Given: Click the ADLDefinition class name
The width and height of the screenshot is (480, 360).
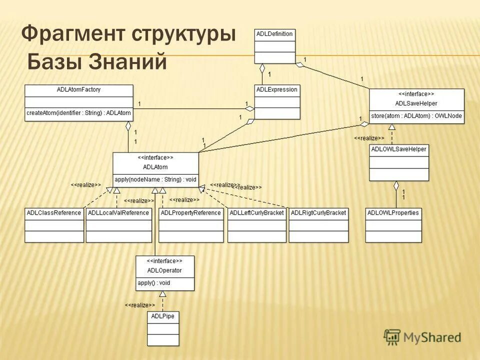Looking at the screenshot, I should pos(274,34).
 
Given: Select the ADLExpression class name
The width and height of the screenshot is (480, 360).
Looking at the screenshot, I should pos(276,90).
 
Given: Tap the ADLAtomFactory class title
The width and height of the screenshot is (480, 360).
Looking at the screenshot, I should pos(79,90).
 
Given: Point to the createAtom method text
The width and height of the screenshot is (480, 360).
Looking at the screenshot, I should pos(78,113).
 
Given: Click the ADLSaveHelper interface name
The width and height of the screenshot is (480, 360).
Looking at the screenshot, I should pos(416,103).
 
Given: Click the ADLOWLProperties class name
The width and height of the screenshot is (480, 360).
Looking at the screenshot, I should pos(393,213).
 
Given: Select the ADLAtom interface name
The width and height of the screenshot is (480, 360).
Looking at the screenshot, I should pos(155,167).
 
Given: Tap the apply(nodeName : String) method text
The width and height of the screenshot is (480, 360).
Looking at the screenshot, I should pos(155,179).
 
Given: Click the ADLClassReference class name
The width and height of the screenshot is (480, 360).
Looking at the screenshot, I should pos(54,213).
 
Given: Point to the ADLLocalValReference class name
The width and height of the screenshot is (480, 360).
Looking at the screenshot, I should pos(118,213).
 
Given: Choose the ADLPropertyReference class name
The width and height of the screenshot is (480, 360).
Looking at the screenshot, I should pos(190,213).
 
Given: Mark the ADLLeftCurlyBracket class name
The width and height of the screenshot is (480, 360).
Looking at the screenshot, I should pos(257,213).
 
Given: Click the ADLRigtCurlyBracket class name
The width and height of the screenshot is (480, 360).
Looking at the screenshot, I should pos(318,213).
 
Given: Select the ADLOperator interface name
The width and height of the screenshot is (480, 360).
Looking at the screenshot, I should pos(164,270).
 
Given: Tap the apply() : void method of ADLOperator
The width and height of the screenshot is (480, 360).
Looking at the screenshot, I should pos(153,283).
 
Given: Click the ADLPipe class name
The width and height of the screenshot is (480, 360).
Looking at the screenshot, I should pos(163,316).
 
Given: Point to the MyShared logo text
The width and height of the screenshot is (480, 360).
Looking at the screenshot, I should pos(432,338).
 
